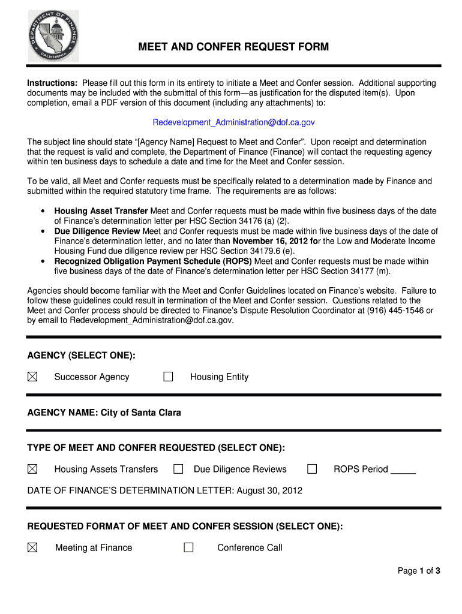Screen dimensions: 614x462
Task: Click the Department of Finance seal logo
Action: click(53, 37)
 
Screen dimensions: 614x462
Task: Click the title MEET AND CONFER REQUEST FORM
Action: click(234, 47)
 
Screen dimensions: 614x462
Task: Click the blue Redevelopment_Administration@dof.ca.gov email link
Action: click(233, 122)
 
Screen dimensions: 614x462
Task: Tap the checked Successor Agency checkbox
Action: click(32, 377)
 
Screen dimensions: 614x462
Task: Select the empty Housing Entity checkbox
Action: click(169, 377)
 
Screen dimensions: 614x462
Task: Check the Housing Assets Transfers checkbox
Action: click(32, 469)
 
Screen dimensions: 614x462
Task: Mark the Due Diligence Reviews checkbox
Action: click(178, 469)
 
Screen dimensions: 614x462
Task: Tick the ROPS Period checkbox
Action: click(312, 469)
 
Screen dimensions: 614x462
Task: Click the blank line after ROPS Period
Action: click(403, 470)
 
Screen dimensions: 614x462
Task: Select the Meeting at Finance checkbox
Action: click(32, 547)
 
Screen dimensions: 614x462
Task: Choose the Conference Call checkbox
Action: click(189, 547)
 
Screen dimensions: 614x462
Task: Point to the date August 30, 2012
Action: click(269, 490)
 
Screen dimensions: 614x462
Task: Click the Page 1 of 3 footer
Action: click(419, 571)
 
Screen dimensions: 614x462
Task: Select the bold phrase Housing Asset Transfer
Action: click(101, 211)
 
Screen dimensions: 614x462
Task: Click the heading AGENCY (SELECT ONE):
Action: click(81, 356)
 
